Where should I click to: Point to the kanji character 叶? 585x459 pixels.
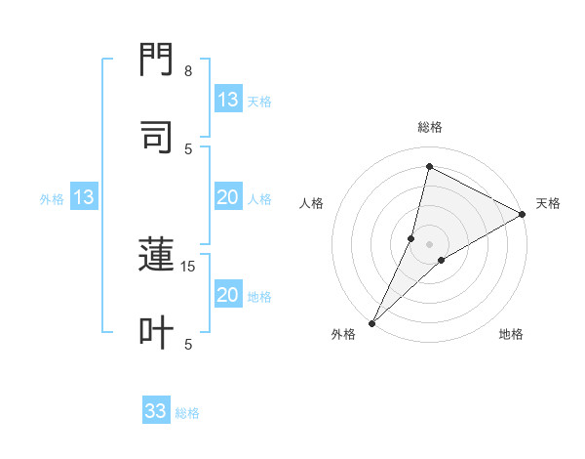click(x=156, y=332)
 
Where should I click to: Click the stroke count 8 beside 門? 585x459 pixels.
click(x=187, y=71)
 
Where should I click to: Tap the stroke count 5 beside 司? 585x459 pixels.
click(x=188, y=148)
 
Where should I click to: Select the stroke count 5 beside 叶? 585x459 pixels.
click(x=188, y=344)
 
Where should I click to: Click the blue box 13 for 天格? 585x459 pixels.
click(x=228, y=100)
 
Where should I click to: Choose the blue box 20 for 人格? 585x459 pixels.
click(x=228, y=197)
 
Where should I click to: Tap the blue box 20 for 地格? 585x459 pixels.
click(x=228, y=295)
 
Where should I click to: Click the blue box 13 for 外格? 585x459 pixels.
click(x=83, y=197)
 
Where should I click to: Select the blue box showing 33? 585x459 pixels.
click(x=156, y=411)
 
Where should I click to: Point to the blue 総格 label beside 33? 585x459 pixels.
click(x=187, y=413)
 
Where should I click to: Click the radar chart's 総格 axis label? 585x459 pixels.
click(x=430, y=127)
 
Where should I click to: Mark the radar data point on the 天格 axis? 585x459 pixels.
click(x=523, y=214)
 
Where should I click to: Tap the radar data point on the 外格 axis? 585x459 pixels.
click(x=371, y=322)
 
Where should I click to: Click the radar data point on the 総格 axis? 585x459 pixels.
click(x=429, y=166)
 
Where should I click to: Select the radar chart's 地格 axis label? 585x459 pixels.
click(x=511, y=334)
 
